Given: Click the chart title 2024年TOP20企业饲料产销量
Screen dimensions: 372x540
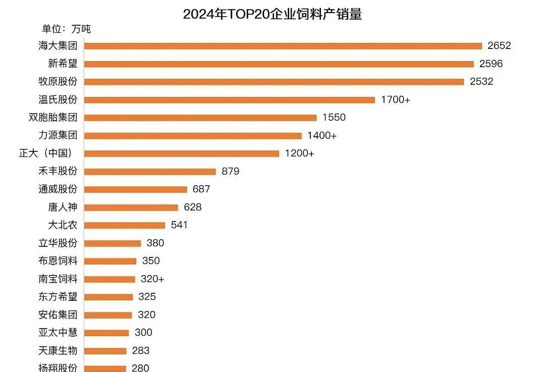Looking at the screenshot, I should tap(272, 14).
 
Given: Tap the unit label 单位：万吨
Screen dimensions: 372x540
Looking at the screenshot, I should tap(66, 29).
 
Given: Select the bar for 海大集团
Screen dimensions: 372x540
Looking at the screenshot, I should tap(283, 46).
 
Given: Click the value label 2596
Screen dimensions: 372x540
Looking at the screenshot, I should tap(491, 64).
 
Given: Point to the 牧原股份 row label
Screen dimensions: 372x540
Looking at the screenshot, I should tap(58, 81).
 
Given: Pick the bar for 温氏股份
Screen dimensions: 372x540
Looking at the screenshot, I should tap(230, 100).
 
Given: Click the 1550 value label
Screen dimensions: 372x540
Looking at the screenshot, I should tap(334, 118).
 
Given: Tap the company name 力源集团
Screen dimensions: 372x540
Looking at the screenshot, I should tap(58, 135).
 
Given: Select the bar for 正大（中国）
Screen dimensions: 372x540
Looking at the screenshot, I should tap(182, 153).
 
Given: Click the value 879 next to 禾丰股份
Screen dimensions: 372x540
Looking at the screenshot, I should tap(231, 172).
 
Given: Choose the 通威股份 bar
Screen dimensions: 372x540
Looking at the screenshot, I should tap(135, 189).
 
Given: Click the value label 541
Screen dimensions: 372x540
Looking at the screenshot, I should tap(179, 225).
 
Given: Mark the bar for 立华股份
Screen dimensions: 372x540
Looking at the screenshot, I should tap(113, 243).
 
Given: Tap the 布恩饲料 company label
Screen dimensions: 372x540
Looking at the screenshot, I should tap(58, 261).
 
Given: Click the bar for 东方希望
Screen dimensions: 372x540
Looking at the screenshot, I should tap(109, 297).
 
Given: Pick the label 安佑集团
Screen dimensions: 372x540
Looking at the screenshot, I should tap(58, 315).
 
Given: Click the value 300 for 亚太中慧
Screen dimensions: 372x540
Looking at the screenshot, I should tap(143, 333).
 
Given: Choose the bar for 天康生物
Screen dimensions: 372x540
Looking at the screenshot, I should tap(105, 351).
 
